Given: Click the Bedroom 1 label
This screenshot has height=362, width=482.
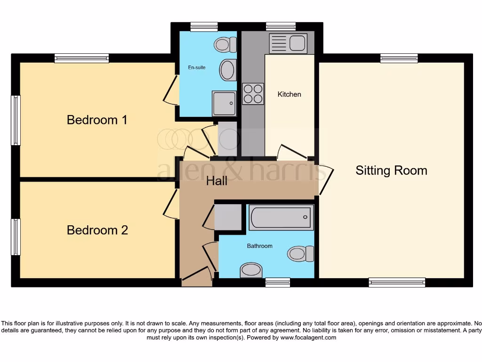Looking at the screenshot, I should coord(97,120).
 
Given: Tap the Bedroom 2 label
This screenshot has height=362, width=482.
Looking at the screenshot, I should coord(97,230).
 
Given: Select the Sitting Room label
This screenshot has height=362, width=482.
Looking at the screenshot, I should coord(391,170).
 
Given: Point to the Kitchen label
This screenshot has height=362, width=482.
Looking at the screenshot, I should coord(289,94).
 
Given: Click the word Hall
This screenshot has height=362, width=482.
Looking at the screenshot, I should coord(217,181).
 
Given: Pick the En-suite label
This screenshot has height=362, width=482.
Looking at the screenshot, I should coord(197,67).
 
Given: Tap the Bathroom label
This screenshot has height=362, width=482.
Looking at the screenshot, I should coord(260,246).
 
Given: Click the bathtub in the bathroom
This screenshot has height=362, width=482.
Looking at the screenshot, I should coord(281,217).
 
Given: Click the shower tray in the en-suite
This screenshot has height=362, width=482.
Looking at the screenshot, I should coord(224,103).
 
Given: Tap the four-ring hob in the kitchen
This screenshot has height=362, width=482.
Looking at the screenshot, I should coord(253,93).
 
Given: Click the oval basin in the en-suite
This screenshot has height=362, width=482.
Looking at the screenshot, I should coord(227,70).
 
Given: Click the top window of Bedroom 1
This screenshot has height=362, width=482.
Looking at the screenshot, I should coord(81,58).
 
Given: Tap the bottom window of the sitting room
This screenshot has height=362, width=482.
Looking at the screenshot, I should coord(397,282).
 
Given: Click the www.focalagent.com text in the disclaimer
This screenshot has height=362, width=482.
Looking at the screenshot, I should coord(308,337).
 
